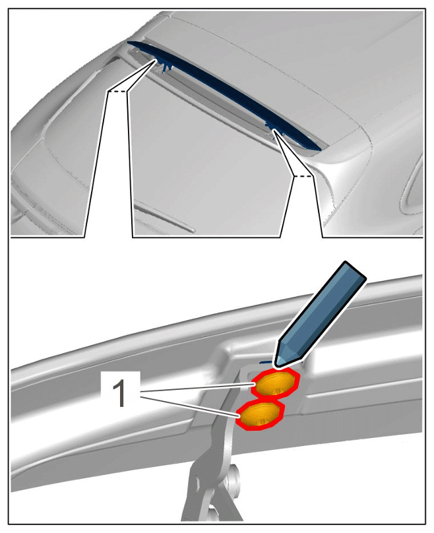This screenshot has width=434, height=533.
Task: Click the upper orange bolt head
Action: coord(275,383)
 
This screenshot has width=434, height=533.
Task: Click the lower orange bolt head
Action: coord(261,414)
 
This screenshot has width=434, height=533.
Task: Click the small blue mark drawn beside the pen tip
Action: coord(266,362)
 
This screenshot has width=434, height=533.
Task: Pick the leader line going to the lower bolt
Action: coord(189,404)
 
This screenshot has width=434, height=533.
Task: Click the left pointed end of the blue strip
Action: coord(127,42)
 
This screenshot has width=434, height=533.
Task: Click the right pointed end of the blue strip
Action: coord(321,149)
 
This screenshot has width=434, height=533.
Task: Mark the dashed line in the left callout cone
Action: coord(117,92)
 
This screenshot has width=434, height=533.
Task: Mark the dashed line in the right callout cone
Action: coord(303,176)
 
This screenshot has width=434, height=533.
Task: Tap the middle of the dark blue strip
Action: coord(224,94)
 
